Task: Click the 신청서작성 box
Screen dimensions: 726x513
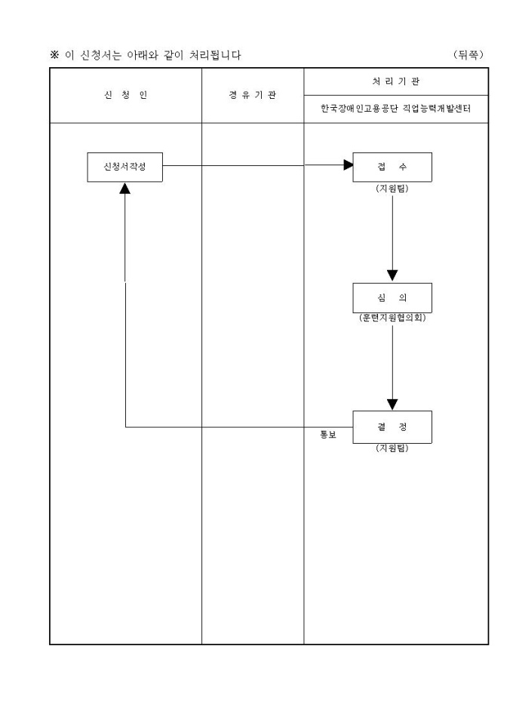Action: pyautogui.click(x=124, y=167)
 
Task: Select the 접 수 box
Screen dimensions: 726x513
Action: pyautogui.click(x=392, y=167)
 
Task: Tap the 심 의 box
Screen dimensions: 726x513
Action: pyautogui.click(x=392, y=298)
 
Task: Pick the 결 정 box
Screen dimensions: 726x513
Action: pyautogui.click(x=392, y=427)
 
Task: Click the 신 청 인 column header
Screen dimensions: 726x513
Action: pyautogui.click(x=125, y=95)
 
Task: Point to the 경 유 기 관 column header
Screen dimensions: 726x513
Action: pyautogui.click(x=253, y=95)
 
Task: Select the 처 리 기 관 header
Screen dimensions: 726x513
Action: pyautogui.click(x=396, y=82)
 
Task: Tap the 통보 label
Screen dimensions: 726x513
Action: pyautogui.click(x=328, y=435)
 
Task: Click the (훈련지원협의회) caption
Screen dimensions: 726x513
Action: pyautogui.click(x=392, y=318)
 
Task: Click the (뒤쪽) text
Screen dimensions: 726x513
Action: pyautogui.click(x=468, y=54)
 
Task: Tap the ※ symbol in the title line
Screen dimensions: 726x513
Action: pyautogui.click(x=54, y=55)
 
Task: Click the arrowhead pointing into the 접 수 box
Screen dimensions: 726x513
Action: pyautogui.click(x=348, y=165)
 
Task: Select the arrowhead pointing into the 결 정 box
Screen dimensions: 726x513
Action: pyautogui.click(x=392, y=405)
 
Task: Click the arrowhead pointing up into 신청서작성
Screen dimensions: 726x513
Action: pyautogui.click(x=125, y=188)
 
